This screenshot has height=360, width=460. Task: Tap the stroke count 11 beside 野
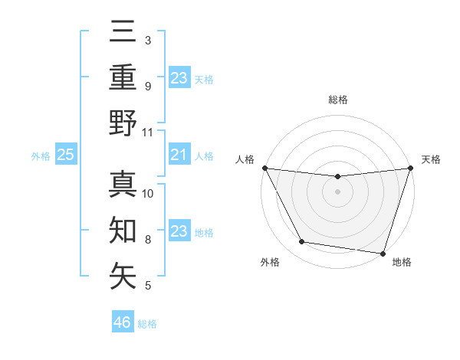point(148,132)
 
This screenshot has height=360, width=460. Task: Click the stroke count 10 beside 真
point(148,193)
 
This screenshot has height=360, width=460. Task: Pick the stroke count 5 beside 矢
point(148,286)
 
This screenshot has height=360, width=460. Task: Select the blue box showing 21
point(179,155)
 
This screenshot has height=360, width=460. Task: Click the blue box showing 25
point(65,155)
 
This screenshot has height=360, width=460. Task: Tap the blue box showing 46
point(122,322)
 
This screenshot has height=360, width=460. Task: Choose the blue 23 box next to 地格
point(179,232)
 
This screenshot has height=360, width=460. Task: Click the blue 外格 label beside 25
point(41,156)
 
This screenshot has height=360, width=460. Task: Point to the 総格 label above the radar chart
point(337,100)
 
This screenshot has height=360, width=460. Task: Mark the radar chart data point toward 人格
point(264,168)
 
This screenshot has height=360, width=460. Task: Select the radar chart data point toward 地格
point(383,254)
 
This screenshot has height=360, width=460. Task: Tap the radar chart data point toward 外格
point(301,242)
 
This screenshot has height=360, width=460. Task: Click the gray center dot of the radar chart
point(337,191)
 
